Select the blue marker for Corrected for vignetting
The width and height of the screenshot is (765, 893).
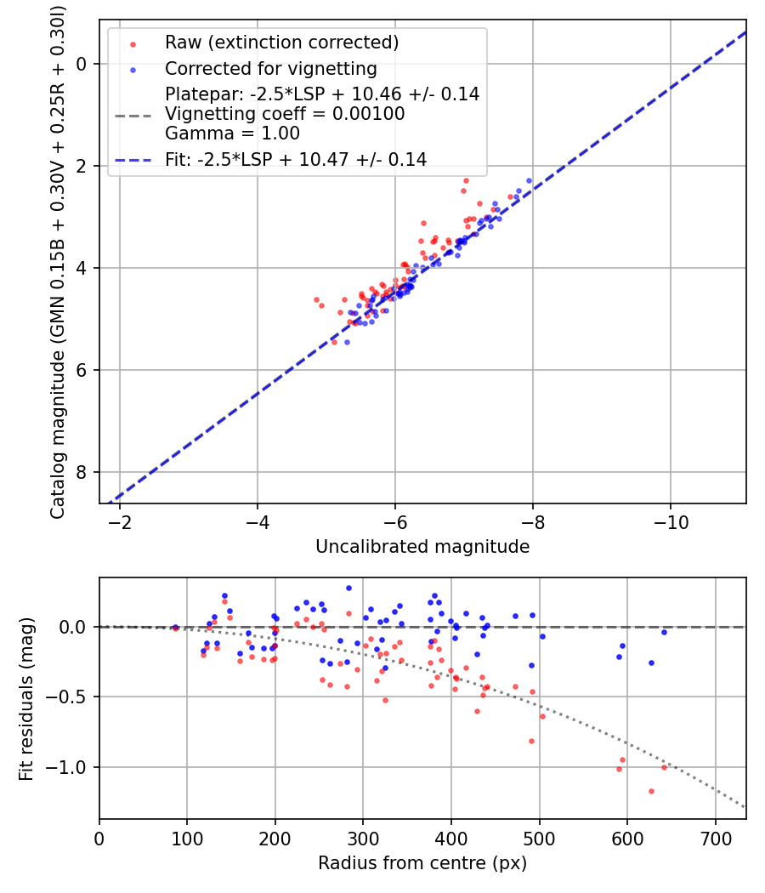click(x=132, y=69)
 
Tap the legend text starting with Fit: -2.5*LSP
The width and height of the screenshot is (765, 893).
click(x=296, y=159)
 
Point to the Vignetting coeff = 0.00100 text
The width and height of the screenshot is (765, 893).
click(x=285, y=114)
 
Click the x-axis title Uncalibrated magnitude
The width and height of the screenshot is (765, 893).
click(x=422, y=547)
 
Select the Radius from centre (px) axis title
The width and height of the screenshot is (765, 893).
click(x=422, y=863)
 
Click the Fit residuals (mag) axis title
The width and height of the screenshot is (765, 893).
click(x=26, y=698)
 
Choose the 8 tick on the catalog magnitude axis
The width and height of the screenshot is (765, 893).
click(x=82, y=472)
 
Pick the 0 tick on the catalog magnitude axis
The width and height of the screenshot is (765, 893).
click(x=82, y=64)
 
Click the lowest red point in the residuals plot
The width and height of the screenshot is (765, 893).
click(x=651, y=791)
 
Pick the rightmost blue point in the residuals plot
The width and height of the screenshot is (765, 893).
click(x=664, y=632)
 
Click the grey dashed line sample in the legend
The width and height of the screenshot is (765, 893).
click(x=132, y=114)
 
